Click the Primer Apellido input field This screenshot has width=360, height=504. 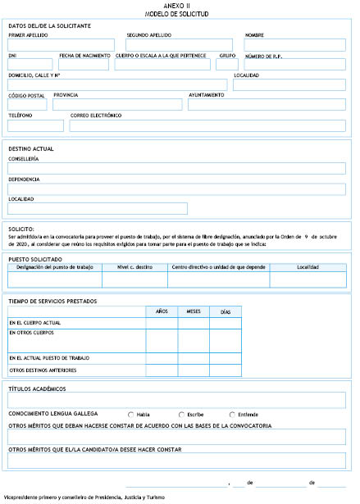(x=62, y=45)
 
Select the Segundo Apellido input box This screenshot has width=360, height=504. (x=180, y=45)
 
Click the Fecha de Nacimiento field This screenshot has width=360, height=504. (x=84, y=64)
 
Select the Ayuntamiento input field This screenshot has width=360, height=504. (x=267, y=104)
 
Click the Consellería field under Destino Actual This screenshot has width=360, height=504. (x=176, y=168)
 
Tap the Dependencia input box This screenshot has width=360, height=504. (x=176, y=188)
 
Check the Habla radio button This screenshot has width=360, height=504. (x=131, y=414)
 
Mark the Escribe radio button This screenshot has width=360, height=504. (x=181, y=414)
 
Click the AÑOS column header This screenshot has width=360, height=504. (x=162, y=312)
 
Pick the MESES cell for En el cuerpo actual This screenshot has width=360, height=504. (x=194, y=323)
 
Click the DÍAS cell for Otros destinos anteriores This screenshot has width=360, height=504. (x=226, y=370)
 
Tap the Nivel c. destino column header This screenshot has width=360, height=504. (x=134, y=267)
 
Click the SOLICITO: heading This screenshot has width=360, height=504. (x=21, y=229)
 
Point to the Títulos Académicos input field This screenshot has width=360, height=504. (x=176, y=400)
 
